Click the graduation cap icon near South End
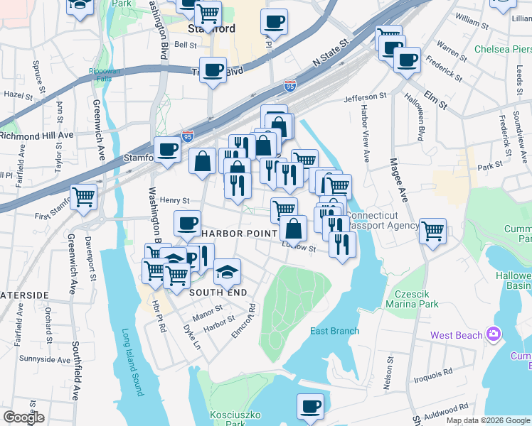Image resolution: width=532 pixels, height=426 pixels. click(x=227, y=271)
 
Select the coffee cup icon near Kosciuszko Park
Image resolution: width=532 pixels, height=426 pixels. click(x=310, y=406)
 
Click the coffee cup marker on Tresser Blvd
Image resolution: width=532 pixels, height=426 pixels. click(x=213, y=70)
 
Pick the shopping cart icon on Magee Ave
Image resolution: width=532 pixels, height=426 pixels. click(x=432, y=231)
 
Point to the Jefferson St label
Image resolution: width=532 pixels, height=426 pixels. click(x=365, y=97)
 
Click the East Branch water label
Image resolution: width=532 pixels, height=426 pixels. click(x=334, y=331)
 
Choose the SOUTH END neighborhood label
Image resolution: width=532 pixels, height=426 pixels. click(x=218, y=292)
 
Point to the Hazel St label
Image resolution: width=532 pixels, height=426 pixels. click(x=14, y=94)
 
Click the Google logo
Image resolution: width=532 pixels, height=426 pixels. click(x=23, y=417)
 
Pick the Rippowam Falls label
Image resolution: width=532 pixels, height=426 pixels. click(x=105, y=75)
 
